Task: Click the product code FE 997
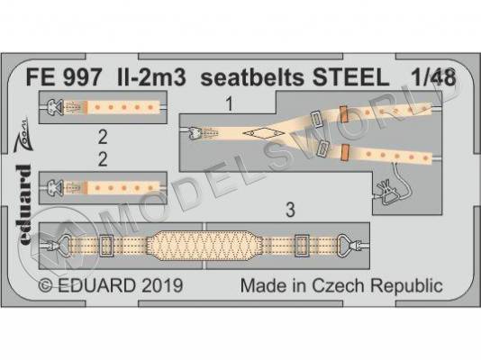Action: pos(63,77)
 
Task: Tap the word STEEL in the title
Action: pos(350,77)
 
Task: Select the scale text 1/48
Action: pos(434,77)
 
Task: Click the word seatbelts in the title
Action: pos(252,77)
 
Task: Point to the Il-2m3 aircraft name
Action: pos(150,77)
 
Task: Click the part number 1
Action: pos(229,103)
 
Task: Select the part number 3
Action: pos(290,211)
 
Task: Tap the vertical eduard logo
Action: pos(24,204)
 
